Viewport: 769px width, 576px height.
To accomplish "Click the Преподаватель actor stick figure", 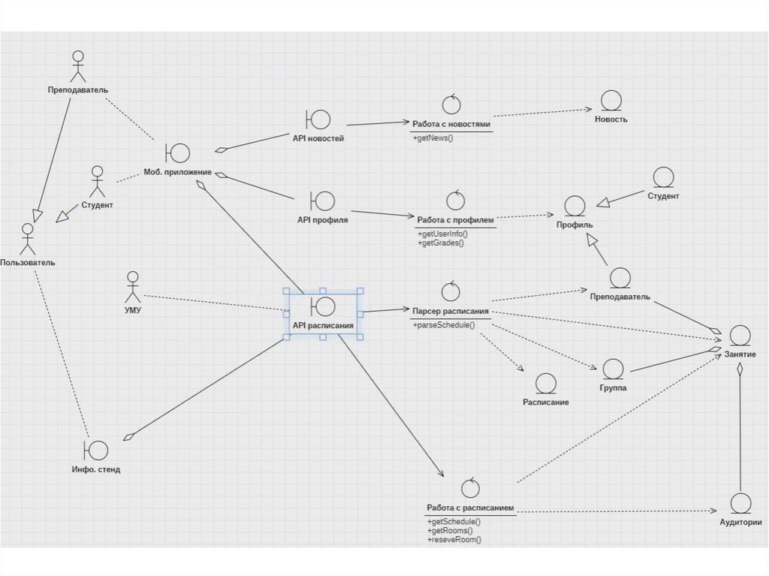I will tap(78, 65).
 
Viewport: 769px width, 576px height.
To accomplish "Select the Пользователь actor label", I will tap(27, 263).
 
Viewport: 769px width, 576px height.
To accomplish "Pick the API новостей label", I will tap(318, 137).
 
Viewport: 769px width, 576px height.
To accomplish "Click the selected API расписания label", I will tap(322, 326).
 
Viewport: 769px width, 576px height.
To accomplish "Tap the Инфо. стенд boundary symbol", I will tap(96, 450).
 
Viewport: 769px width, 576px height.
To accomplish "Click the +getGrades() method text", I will tap(442, 243).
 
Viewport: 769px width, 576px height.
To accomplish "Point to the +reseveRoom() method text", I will tap(454, 539).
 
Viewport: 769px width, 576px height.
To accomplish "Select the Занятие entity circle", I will tap(740, 335).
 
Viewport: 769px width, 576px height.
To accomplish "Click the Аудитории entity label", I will tap(740, 523).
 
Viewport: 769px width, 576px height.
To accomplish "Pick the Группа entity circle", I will tap(613, 369).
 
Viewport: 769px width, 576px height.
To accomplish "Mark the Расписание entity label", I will tap(545, 403).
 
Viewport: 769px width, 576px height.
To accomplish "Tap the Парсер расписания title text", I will tap(451, 310).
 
